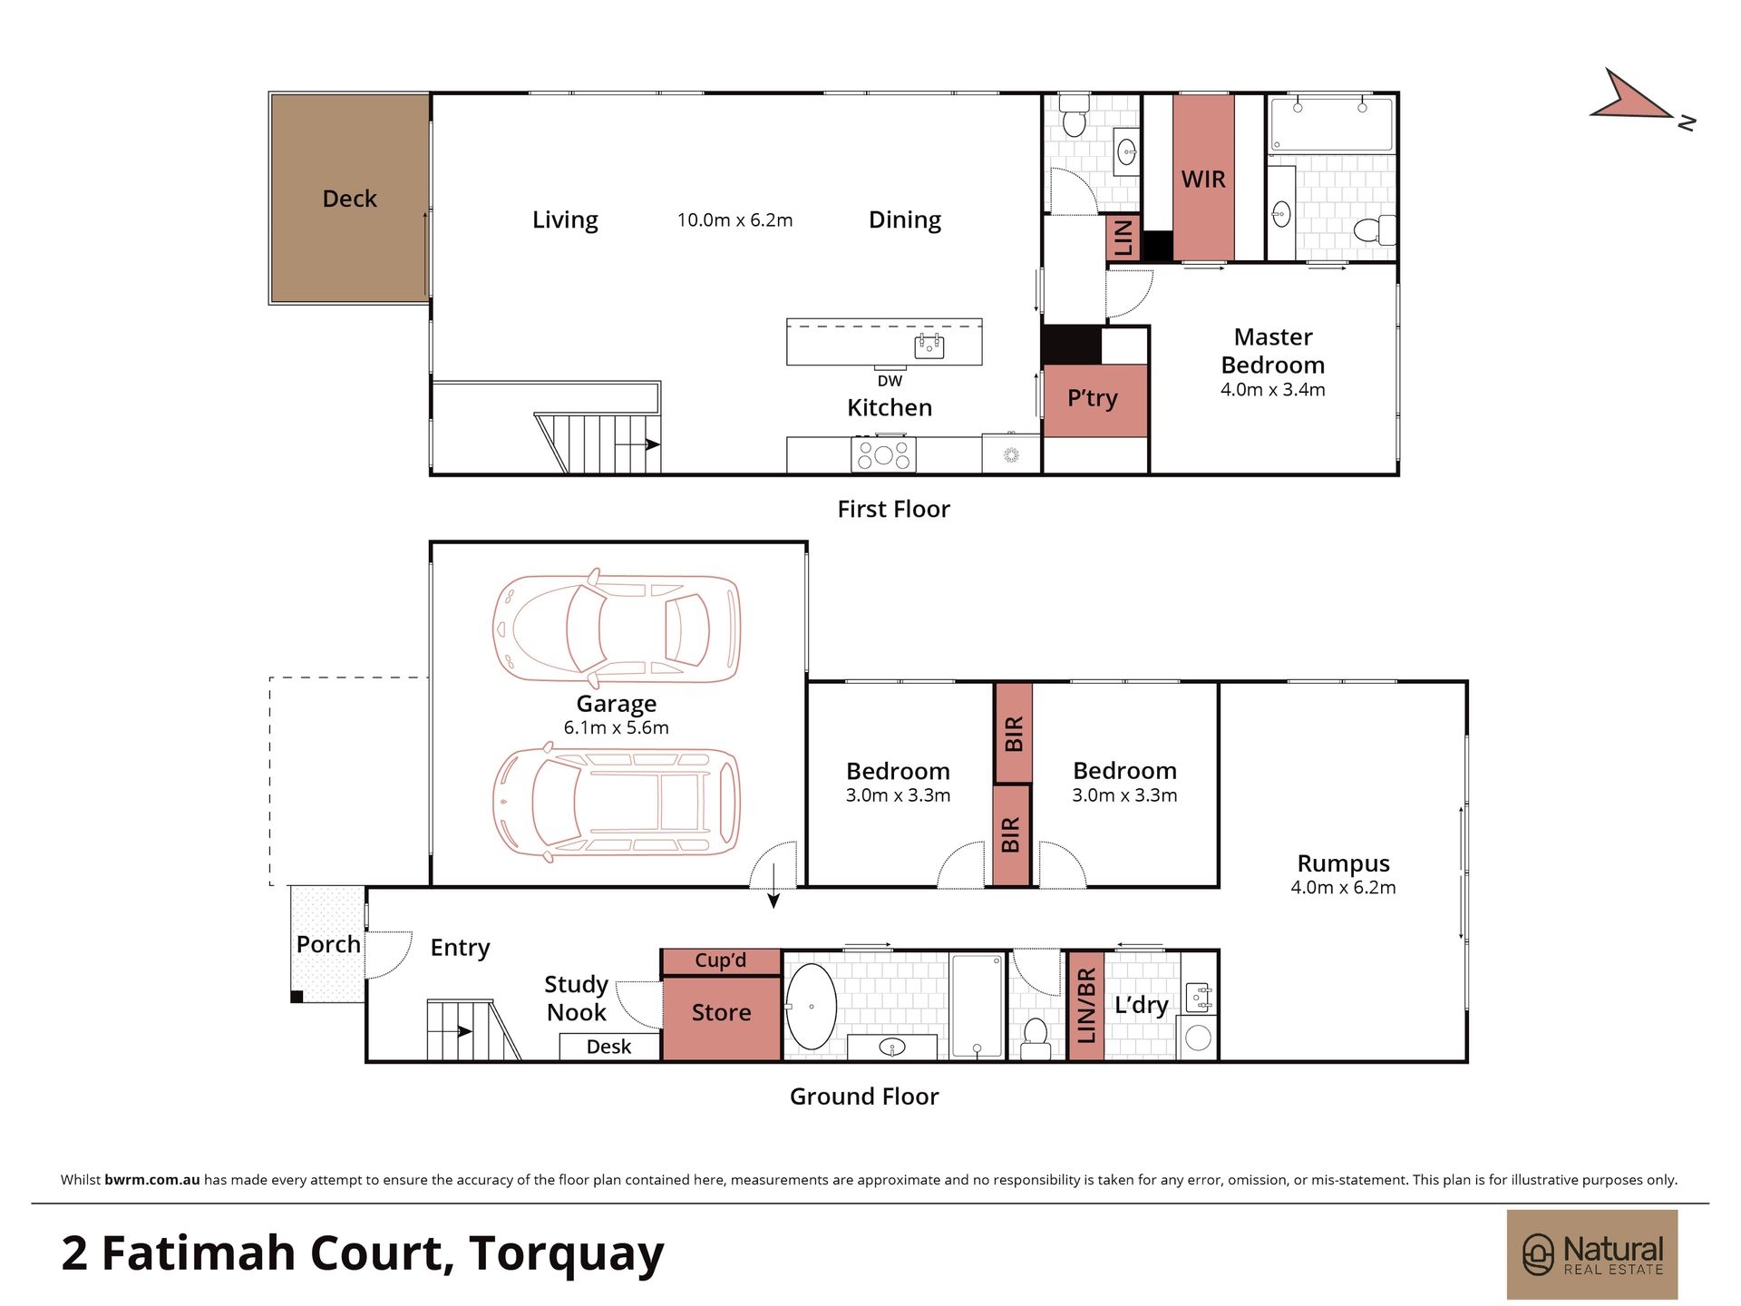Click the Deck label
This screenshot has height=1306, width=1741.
tap(349, 199)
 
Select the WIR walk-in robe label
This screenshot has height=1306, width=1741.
tap(1203, 180)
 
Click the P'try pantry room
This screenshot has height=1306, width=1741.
tap(1094, 400)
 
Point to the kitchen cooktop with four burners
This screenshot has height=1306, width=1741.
tap(883, 454)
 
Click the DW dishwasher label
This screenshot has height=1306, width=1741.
tap(890, 381)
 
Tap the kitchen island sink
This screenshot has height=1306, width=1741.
tap(929, 346)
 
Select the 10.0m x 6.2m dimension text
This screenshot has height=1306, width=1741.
tap(734, 219)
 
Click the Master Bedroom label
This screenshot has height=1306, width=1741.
tap(1273, 351)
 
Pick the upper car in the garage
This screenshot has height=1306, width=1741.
tap(617, 629)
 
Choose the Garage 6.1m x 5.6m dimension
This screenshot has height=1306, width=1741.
tap(617, 727)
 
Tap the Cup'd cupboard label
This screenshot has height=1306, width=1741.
tap(721, 960)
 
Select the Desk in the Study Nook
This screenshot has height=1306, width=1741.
tap(609, 1047)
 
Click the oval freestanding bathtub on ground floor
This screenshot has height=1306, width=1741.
tap(811, 1007)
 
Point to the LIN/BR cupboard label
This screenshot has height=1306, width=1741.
tap(1086, 1005)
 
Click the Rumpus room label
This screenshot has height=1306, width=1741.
tap(1343, 863)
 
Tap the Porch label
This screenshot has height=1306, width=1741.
tap(328, 944)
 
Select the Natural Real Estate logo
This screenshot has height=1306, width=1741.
tap(1592, 1254)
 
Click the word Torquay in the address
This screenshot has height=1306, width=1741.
tap(567, 1253)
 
